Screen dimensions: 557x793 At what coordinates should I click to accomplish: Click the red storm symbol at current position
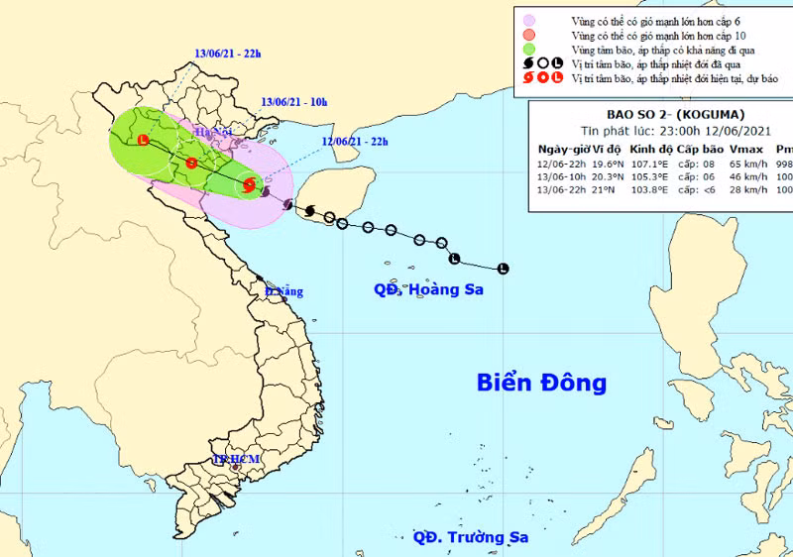coord(249,184)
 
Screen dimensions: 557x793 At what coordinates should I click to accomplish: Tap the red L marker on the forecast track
coord(144,141)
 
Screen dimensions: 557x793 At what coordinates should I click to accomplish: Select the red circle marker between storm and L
coord(190,163)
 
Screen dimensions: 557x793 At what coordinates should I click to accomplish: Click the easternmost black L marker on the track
coord(503,268)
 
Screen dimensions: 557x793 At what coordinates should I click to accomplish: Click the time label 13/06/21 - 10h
coord(294,101)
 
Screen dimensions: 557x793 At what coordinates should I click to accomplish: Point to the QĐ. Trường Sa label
coord(470,537)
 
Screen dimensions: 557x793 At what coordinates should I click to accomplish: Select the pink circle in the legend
coord(530,19)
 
